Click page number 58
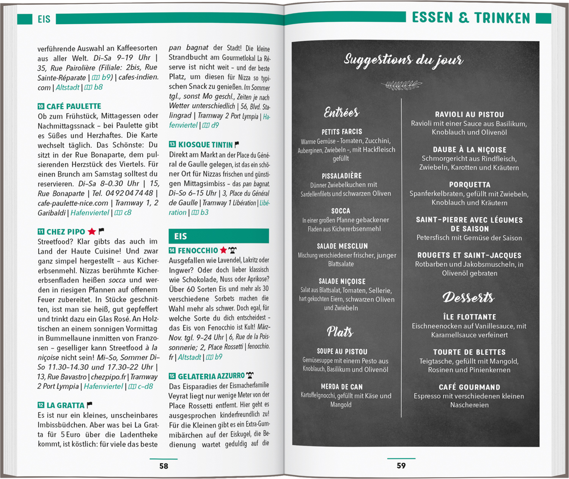tap(163, 466)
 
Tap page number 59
tap(401, 465)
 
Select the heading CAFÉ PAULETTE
tap(74, 106)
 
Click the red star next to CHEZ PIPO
tap(91, 232)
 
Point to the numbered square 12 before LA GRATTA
tap(41, 405)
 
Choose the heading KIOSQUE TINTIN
tap(205, 145)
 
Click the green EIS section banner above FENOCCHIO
tap(218, 236)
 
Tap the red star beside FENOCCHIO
tap(223, 250)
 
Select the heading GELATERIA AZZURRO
tap(211, 376)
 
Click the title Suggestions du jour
tap(403, 60)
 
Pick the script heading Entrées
tap(341, 112)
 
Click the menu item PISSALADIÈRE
tap(341, 176)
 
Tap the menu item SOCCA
tap(341, 211)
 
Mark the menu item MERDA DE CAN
tap(341, 387)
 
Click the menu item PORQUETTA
tap(470, 185)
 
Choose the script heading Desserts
tap(469, 297)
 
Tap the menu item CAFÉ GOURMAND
tap(469, 387)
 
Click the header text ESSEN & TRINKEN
tap(471, 18)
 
